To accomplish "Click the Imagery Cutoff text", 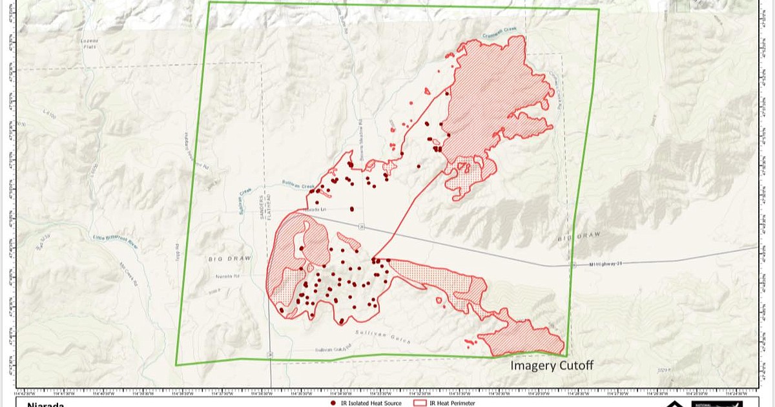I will click(x=552, y=366).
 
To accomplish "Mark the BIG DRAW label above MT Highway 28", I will click(x=574, y=238).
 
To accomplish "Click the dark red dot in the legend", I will click(x=333, y=403).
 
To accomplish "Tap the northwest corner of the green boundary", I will click(x=210, y=3).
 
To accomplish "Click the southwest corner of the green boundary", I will click(x=176, y=364).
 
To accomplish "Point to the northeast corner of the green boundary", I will click(x=598, y=10).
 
